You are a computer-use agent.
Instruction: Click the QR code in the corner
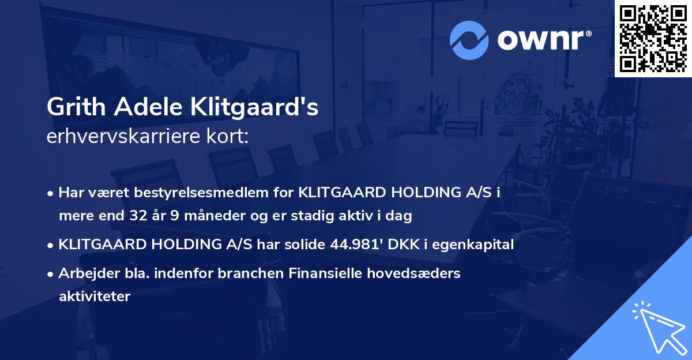point(653,38)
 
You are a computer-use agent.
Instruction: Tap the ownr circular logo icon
point(469,40)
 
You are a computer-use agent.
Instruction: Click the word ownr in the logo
point(544,40)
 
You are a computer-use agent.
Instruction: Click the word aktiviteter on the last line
point(95,297)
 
